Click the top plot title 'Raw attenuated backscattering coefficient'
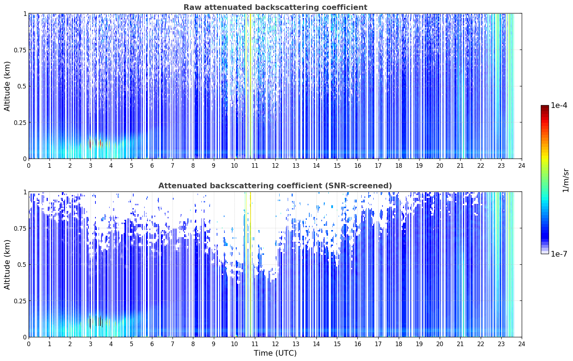[275, 7]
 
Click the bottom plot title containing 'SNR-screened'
[275, 185]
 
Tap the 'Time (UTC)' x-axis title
[275, 353]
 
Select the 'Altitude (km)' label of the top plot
[7, 86]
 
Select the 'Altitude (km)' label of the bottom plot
[7, 264]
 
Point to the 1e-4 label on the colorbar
[559, 105]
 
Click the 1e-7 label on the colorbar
[559, 254]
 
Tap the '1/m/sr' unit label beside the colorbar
[566, 180]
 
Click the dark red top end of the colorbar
[545, 107]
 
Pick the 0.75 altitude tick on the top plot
[20, 50]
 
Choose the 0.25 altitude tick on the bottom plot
[20, 301]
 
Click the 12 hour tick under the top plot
[275, 166]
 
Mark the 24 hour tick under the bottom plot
[522, 344]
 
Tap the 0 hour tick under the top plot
[29, 166]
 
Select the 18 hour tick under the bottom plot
[398, 344]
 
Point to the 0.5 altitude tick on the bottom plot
[22, 265]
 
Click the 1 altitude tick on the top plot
[25, 14]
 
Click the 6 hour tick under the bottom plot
[152, 344]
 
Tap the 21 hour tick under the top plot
[460, 166]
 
